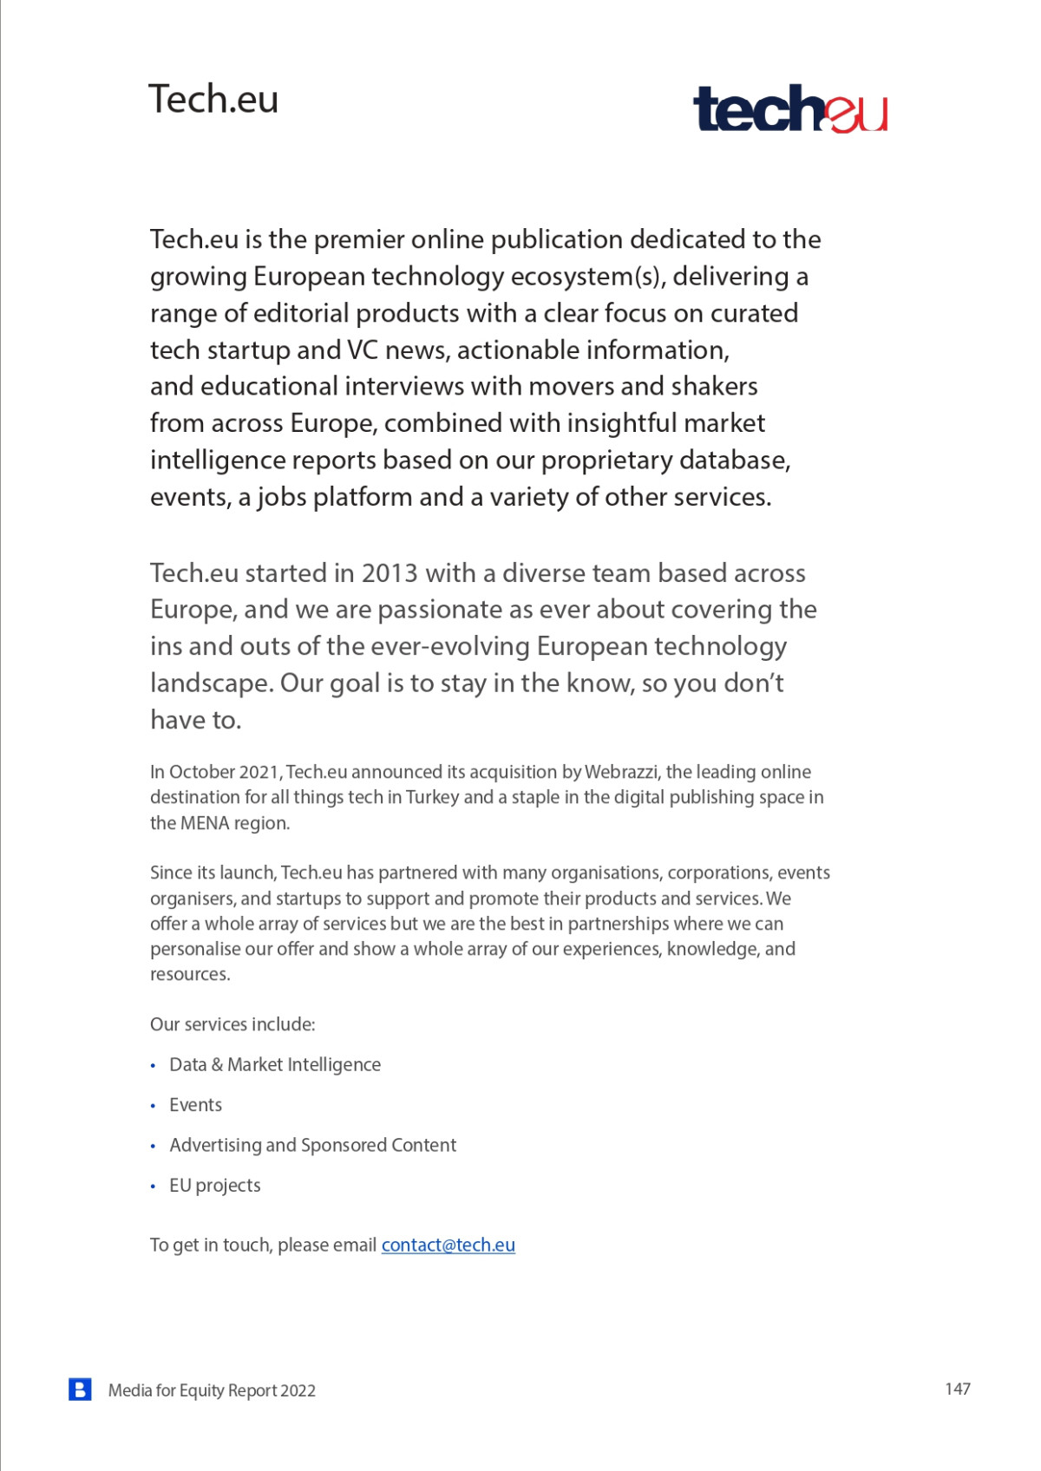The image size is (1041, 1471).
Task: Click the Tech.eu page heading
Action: [213, 99]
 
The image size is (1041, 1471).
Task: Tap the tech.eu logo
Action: [790, 109]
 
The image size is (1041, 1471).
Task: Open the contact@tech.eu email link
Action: [448, 1245]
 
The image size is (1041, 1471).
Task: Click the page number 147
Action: [957, 1389]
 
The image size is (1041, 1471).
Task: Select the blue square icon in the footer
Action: [80, 1389]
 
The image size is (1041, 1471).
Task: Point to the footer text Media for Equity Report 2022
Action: [212, 1390]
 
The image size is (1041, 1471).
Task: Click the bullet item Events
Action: [195, 1105]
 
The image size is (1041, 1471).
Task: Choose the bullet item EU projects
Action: [214, 1186]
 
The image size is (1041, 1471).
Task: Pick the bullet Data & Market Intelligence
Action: [274, 1064]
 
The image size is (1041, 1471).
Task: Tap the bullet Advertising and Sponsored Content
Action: [312, 1145]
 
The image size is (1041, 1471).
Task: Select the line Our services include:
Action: [232, 1024]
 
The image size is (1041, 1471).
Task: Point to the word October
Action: [201, 772]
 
